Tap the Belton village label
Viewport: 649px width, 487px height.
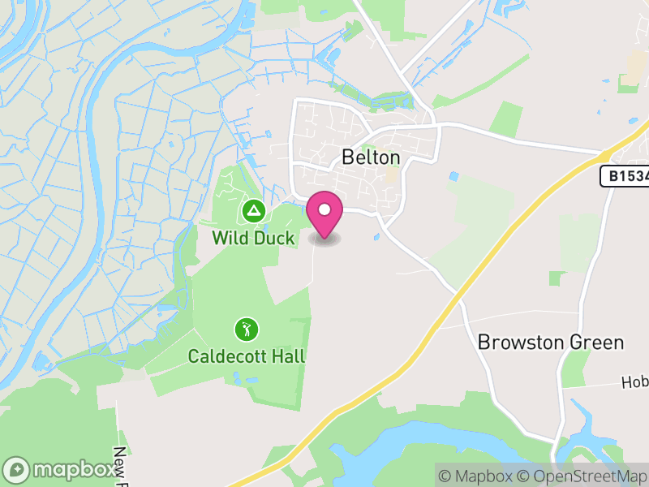click(371, 157)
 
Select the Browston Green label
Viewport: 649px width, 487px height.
click(551, 342)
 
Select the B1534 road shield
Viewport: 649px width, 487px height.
click(625, 176)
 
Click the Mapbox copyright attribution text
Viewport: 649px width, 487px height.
click(483, 476)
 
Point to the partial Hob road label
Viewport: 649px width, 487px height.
click(634, 382)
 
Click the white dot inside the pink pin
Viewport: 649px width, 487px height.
click(324, 210)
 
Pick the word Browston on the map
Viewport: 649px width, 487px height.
click(520, 342)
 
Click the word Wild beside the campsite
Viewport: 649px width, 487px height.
click(226, 238)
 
